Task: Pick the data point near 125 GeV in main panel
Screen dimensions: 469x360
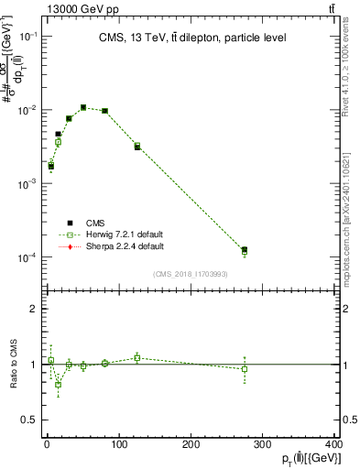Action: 137,147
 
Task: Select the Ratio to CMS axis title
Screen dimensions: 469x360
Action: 14,364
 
